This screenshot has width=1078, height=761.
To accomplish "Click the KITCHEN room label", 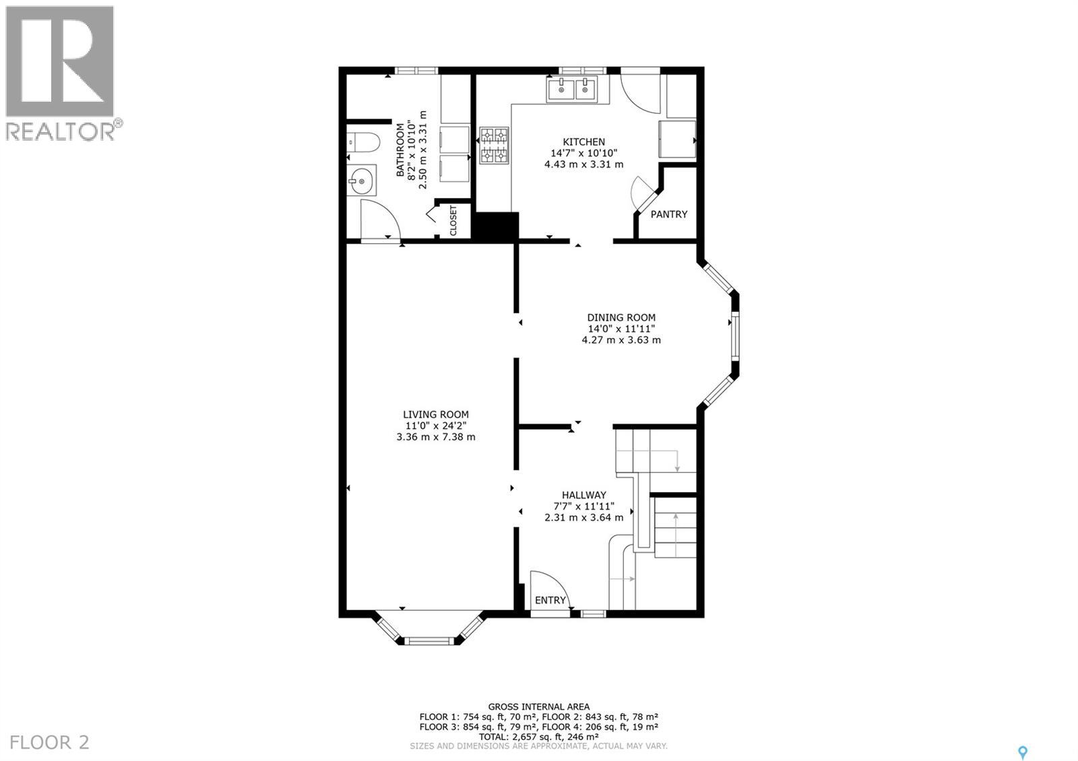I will pos(583,142).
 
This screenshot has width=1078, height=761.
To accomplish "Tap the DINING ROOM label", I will pos(621,318).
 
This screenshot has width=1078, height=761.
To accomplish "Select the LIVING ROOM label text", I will pos(436,415).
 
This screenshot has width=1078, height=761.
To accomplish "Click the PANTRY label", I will pos(668,214).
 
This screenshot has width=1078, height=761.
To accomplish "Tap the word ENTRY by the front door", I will pos(550,600).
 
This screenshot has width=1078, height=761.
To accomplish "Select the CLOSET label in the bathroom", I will pos(453,220).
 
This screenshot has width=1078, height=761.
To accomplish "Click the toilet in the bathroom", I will pos(364,142).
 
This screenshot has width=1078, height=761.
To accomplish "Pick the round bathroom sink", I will pos(362,180).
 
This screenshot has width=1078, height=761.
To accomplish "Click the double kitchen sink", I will pos(572,90).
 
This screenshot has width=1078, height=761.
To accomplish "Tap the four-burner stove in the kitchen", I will pos(493,146).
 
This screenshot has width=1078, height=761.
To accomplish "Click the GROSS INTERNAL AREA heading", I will pos(538,706).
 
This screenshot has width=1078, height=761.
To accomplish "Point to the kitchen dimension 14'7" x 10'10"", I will pos(583,153).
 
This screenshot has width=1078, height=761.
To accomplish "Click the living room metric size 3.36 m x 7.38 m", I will pos(436,436).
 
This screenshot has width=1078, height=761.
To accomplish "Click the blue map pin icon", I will pos(1023,752).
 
